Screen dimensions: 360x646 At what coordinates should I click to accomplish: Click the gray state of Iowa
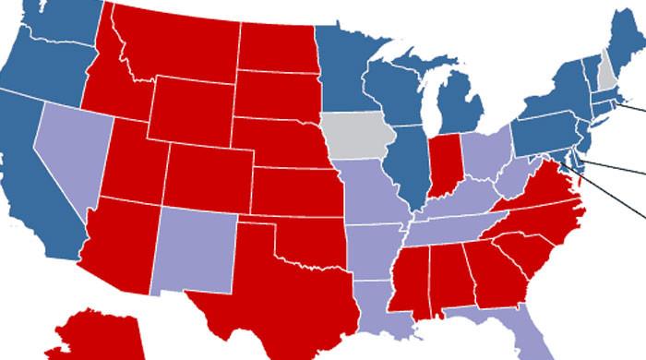tap(358, 137)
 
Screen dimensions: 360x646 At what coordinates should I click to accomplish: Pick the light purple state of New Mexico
tap(195, 246)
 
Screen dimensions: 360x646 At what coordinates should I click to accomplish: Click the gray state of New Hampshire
tap(606, 73)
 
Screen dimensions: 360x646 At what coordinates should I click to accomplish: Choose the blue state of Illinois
tap(409, 166)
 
